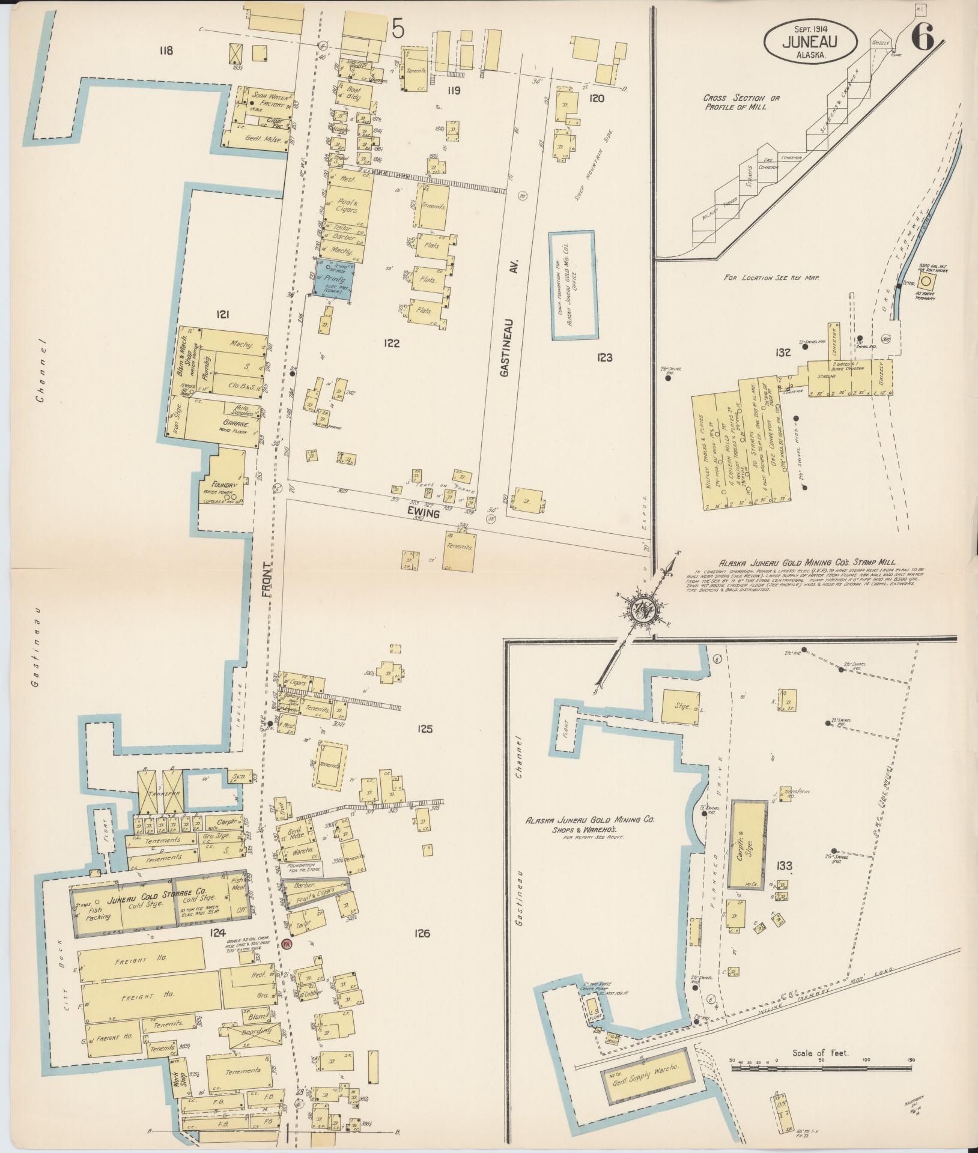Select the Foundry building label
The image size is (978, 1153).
222,485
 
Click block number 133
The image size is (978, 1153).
784,865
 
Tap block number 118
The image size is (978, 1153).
165,50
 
